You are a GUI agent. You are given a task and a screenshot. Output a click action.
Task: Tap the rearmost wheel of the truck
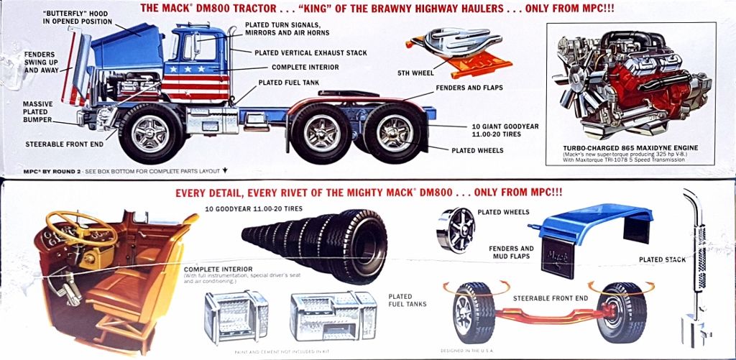tap(395, 133)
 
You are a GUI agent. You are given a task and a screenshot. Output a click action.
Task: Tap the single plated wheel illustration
tap(456, 230)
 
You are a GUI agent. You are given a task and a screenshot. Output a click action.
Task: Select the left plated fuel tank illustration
tap(236, 317)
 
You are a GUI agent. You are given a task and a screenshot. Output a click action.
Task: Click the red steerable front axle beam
tap(546, 310)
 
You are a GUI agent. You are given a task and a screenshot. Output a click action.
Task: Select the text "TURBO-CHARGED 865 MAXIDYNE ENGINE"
tap(630, 148)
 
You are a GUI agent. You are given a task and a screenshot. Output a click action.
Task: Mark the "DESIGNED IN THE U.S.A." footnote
tap(471, 351)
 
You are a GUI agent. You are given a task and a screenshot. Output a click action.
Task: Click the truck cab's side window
tap(188, 47)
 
